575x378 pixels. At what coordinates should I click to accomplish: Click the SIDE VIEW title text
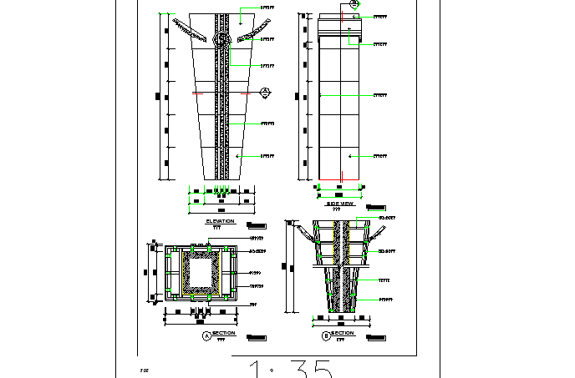[339, 203]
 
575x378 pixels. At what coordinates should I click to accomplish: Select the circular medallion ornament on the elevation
[221, 39]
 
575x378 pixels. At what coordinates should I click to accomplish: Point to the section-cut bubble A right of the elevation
[265, 91]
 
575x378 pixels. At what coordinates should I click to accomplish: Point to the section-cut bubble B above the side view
[354, 4]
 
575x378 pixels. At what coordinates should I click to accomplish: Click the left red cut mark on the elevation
[197, 94]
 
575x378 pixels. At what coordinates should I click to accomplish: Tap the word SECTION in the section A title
[223, 333]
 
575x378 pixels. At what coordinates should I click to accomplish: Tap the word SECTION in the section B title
[343, 333]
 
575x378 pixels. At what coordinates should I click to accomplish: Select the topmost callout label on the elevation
[267, 8]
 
